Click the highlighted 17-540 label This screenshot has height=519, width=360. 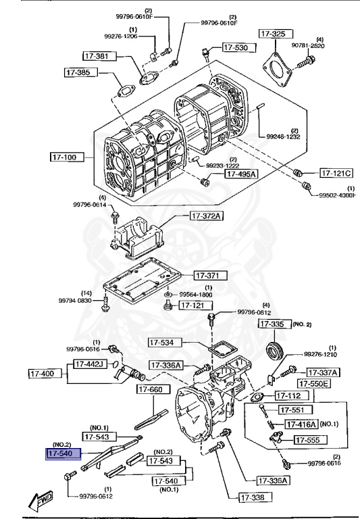[63, 454]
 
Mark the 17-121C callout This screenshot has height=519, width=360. [336, 172]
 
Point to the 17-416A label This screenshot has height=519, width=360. [301, 424]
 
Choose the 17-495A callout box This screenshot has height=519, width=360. [240, 174]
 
